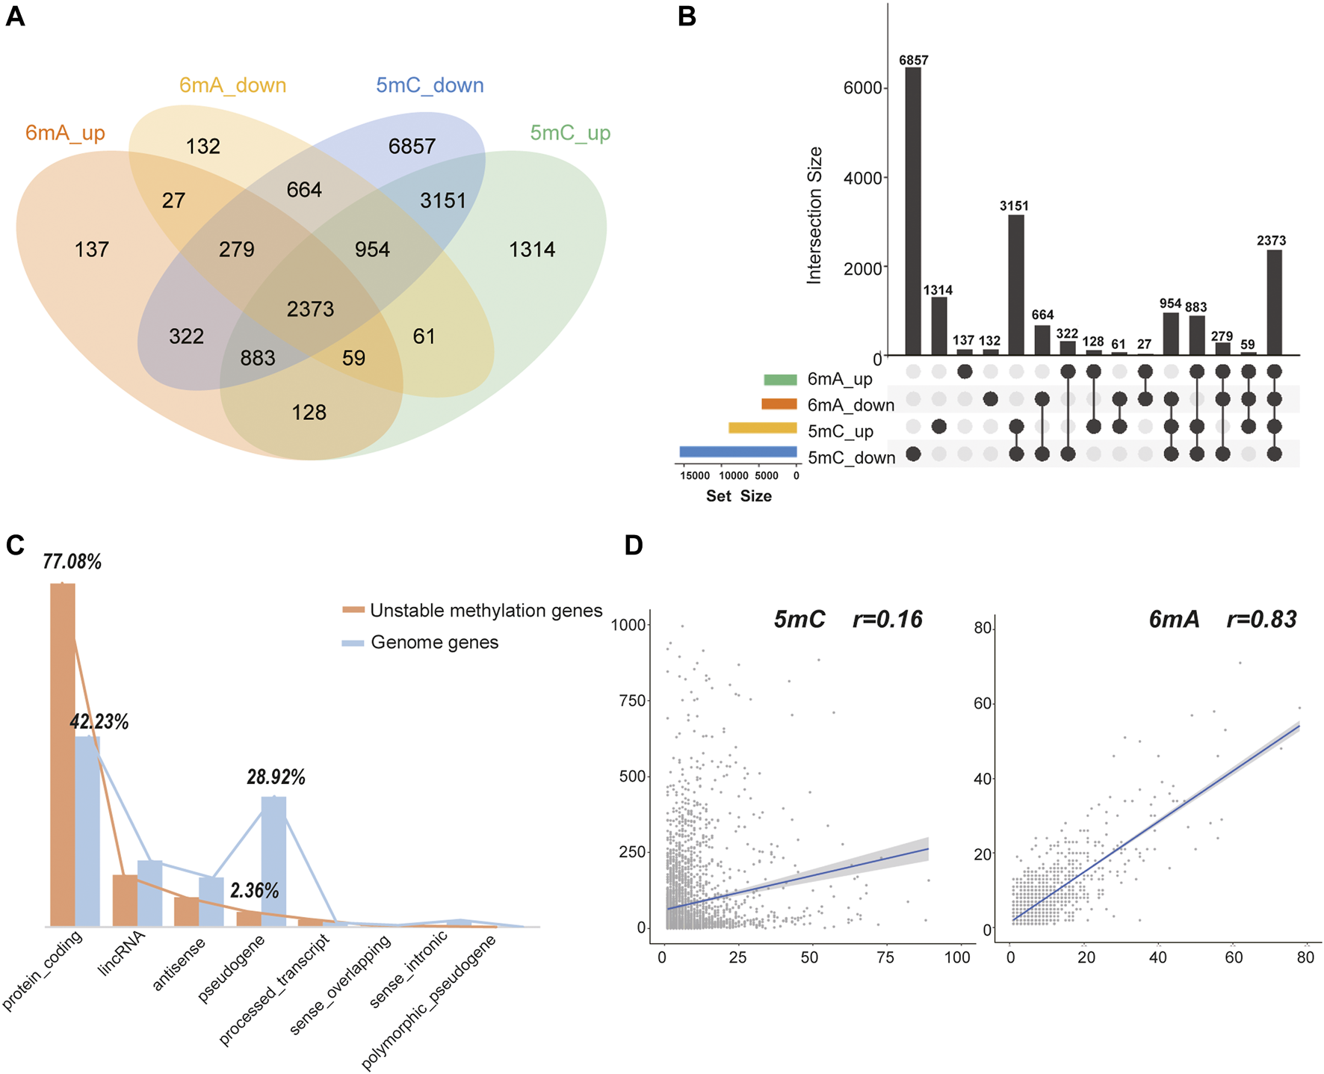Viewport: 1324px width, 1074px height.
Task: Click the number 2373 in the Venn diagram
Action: [x=310, y=309]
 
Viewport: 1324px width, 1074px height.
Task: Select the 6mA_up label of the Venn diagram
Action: [x=65, y=133]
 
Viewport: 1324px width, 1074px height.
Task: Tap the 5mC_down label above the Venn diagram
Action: [x=430, y=85]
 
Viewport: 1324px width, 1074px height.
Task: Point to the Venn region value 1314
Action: [x=532, y=250]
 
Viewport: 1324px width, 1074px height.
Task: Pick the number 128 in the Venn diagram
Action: [x=309, y=413]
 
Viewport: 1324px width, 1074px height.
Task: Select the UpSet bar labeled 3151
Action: [x=1015, y=285]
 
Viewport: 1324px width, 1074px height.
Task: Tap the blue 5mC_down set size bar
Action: [x=738, y=452]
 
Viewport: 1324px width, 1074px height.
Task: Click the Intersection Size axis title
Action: [x=814, y=215]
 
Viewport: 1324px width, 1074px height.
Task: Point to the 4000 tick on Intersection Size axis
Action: [x=863, y=178]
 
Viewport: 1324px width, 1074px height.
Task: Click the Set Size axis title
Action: [x=738, y=496]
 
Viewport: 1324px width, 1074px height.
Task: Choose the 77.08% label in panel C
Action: [x=72, y=562]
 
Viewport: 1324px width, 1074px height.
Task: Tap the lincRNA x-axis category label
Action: [x=122, y=954]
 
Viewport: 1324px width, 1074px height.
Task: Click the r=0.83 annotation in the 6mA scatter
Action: [x=1261, y=620]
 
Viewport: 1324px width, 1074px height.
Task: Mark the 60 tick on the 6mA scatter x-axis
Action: [x=1234, y=957]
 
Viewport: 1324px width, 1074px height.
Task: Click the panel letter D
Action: [x=634, y=546]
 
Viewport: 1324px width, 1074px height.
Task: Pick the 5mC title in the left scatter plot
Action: [x=799, y=620]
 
